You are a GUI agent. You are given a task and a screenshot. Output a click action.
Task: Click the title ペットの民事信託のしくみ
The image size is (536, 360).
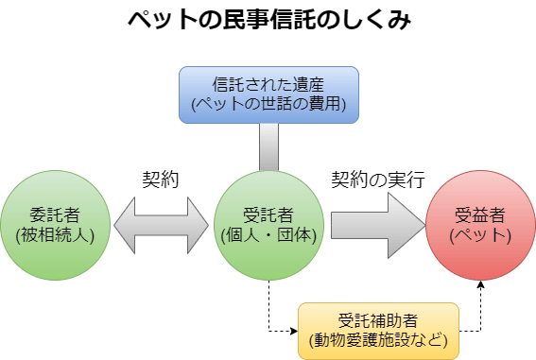pyautogui.click(x=268, y=22)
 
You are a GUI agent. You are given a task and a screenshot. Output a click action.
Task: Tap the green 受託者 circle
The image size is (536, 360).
pyautogui.click(x=268, y=225)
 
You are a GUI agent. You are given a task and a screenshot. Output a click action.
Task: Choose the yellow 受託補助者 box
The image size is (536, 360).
pyautogui.click(x=378, y=331)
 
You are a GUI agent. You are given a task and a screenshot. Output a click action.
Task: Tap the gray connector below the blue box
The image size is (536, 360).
pyautogui.click(x=268, y=146)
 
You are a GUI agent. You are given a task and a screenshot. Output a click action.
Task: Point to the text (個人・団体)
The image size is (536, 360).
pyautogui.click(x=268, y=235)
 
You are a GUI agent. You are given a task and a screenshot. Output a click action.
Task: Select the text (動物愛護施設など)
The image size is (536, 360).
pyautogui.click(x=378, y=339)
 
